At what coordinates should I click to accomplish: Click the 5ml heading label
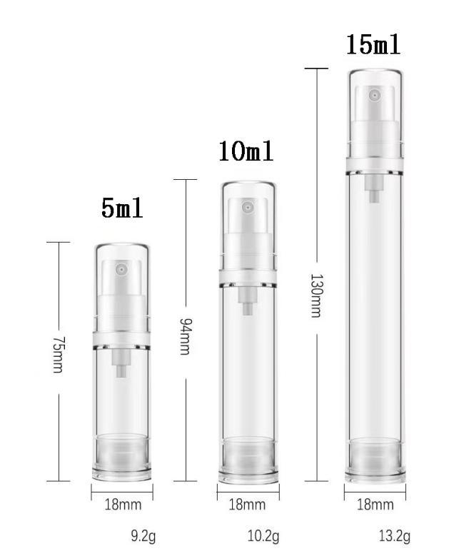[x=122, y=208]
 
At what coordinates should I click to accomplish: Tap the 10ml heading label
[x=246, y=151]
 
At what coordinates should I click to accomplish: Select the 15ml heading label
[x=373, y=45]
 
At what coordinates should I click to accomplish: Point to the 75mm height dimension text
[x=58, y=355]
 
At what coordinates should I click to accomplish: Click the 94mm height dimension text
[x=186, y=336]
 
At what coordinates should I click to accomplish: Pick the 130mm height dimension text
[x=316, y=295]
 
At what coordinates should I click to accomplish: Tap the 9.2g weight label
[x=143, y=537]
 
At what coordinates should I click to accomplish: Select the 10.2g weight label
[x=263, y=537]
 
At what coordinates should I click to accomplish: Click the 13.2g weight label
[x=394, y=537]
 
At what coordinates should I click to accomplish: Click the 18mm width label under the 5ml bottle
[x=123, y=505]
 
